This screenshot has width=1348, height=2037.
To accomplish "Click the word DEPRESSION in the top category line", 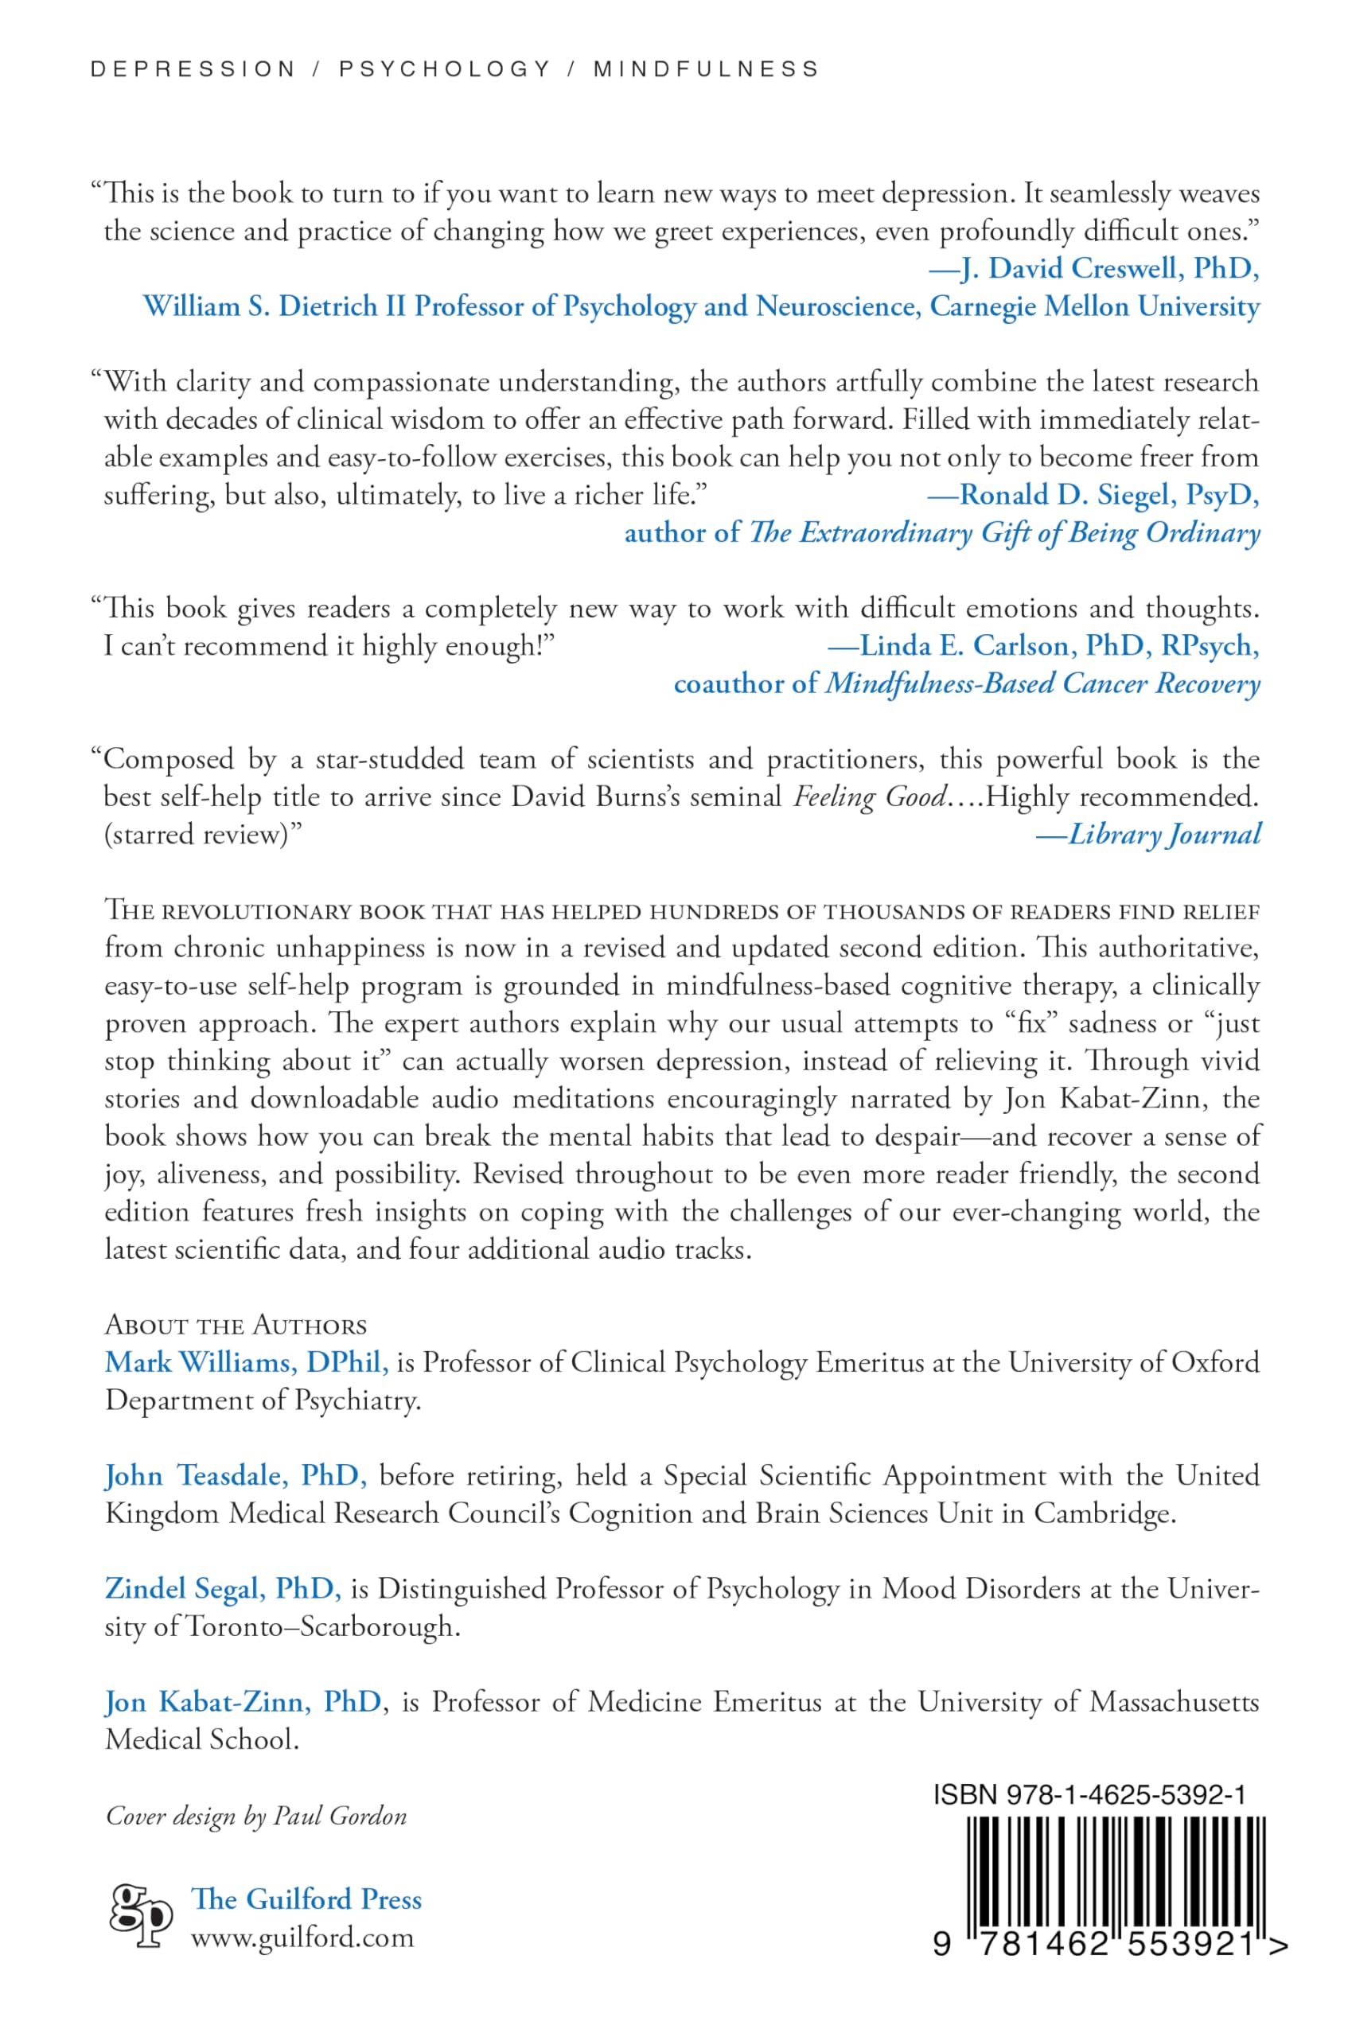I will pyautogui.click(x=193, y=68).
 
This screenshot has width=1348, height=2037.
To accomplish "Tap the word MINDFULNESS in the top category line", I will pyautogui.click(x=706, y=68).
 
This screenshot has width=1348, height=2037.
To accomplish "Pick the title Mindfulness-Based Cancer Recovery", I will pyautogui.click(x=1042, y=684).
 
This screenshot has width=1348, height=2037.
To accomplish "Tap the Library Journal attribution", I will pyautogui.click(x=1148, y=834).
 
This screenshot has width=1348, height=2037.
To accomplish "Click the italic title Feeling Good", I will pyautogui.click(x=869, y=796).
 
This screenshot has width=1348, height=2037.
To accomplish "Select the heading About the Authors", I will pyautogui.click(x=236, y=1326).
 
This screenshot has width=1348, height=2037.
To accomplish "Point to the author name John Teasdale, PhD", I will pyautogui.click(x=236, y=1476).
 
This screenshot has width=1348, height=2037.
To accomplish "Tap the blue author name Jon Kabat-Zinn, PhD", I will pyautogui.click(x=243, y=1702).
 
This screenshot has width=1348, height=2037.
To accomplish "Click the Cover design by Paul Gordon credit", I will pyautogui.click(x=256, y=1816).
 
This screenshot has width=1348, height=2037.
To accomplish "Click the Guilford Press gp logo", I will pyautogui.click(x=141, y=1915).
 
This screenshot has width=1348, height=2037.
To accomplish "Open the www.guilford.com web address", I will pyautogui.click(x=302, y=1938).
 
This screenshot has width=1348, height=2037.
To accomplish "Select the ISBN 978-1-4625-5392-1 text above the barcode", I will pyautogui.click(x=1089, y=1794).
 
